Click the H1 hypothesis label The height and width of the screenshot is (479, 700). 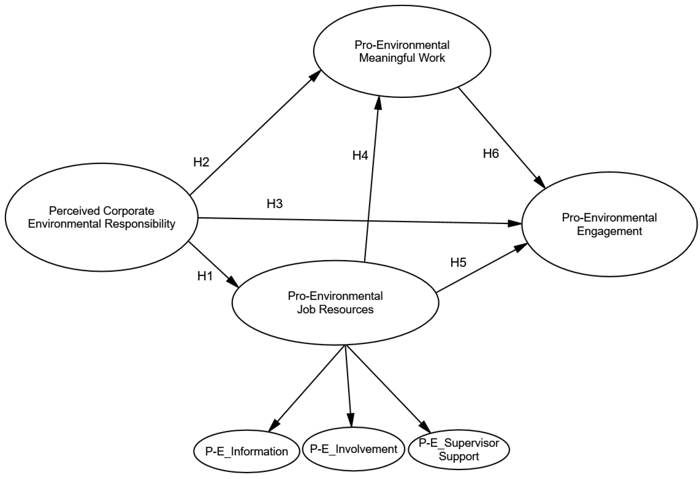coord(205,276)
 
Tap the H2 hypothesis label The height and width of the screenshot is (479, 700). coord(201,162)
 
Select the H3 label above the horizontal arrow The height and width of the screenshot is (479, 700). coord(275,204)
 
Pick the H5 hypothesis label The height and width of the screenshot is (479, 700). coord(458,263)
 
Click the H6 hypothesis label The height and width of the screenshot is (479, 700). coord(491,154)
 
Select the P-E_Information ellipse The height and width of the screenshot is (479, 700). coord(246,452)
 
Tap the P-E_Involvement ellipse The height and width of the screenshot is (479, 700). coord(353,449)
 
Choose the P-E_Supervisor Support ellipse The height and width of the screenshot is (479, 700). coord(459,449)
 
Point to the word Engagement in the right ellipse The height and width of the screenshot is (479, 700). coord(609,231)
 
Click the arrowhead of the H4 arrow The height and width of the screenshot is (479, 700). coord(378,102)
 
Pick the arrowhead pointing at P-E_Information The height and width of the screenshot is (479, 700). coord(273,427)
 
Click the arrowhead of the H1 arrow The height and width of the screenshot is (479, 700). coord(233,282)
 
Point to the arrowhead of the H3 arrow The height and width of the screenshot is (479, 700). coord(516,223)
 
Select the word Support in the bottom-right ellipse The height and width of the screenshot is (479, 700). coord(459,456)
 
